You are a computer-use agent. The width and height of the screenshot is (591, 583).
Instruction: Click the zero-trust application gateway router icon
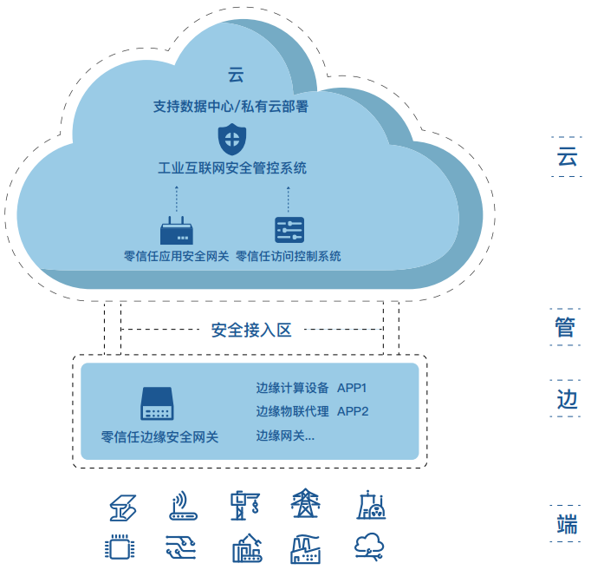point(177,232)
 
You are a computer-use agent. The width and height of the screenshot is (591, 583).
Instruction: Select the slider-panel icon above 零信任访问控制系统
point(289,230)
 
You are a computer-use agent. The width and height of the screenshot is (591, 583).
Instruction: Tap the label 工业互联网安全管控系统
point(231,168)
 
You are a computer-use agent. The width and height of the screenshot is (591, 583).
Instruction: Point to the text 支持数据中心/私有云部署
point(231,108)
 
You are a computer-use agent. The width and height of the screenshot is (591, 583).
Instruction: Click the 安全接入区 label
point(251,330)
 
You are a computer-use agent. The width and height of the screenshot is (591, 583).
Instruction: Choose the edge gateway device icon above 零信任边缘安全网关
point(158,403)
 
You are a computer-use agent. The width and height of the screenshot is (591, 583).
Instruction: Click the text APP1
point(353,388)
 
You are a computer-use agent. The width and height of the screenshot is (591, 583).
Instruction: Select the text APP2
point(353,411)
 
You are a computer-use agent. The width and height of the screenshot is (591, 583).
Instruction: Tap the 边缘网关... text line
point(285,436)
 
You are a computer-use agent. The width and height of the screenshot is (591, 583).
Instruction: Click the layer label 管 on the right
point(566,327)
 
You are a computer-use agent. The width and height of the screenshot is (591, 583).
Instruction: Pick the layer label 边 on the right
point(566,399)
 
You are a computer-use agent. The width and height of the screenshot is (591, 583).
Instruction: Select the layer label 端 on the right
point(566,524)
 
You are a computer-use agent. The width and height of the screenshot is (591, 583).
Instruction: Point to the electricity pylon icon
point(305,505)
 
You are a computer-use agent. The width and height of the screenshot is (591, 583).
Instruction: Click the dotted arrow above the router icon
point(177,199)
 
